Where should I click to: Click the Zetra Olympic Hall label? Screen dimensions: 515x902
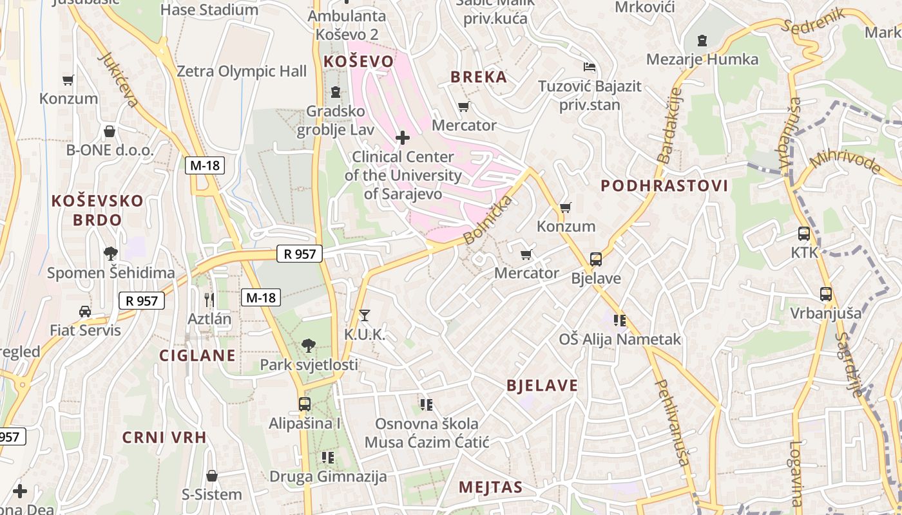(x=242, y=71)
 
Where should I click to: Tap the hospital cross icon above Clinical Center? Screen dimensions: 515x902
(x=403, y=138)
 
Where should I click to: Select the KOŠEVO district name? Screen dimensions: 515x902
(x=358, y=61)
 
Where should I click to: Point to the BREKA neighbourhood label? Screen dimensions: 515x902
(x=479, y=77)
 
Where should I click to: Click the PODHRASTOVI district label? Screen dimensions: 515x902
(x=664, y=186)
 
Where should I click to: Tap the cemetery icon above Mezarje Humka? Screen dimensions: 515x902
(x=702, y=41)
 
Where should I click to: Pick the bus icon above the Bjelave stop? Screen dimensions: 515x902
(x=596, y=259)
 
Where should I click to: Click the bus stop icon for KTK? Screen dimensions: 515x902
(x=804, y=234)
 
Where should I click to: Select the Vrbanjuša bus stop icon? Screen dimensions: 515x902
(x=826, y=294)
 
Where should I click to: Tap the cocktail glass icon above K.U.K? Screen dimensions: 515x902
(x=365, y=315)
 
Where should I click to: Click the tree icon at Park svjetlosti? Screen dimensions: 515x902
(x=309, y=346)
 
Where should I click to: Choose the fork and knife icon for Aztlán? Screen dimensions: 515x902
(x=209, y=299)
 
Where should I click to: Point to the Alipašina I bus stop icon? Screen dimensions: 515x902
(x=305, y=404)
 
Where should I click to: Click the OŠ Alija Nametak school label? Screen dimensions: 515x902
(x=619, y=339)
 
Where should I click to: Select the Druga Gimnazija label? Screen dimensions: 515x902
(x=328, y=476)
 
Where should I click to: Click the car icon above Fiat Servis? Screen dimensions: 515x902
(x=85, y=312)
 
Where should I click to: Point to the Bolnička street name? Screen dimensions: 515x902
(x=488, y=220)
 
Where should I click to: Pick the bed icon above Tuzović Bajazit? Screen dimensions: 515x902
(x=589, y=67)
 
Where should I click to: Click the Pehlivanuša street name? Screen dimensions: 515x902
(x=672, y=422)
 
